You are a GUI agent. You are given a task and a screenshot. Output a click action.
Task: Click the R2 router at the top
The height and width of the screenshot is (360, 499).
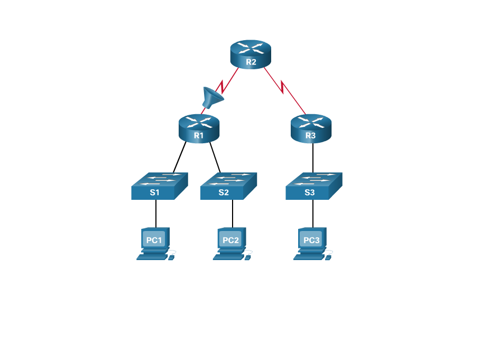(251, 53)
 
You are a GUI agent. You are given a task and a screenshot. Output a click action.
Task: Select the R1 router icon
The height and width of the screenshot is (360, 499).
(199, 128)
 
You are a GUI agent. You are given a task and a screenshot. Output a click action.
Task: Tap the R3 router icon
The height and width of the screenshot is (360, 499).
(311, 128)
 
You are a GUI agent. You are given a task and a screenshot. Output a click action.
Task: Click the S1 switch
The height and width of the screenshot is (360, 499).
(159, 186)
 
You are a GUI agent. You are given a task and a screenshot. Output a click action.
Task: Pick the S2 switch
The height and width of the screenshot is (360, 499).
(228, 186)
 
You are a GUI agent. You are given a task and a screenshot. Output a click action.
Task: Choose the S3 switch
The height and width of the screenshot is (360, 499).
(313, 186)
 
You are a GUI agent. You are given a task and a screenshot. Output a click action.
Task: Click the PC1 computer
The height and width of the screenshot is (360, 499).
(155, 243)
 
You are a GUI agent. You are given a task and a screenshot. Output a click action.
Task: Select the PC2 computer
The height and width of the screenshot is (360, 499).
(231, 243)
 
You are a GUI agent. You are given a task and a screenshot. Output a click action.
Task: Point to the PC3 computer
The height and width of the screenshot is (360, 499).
(312, 243)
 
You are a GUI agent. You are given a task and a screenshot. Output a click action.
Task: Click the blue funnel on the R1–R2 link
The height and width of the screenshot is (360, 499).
(212, 98)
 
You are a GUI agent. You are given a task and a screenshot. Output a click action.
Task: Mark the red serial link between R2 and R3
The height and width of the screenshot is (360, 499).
(285, 89)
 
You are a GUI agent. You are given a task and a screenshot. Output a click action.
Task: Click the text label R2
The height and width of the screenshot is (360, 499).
(251, 62)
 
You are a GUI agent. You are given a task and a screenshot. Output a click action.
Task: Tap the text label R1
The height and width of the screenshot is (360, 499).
(199, 136)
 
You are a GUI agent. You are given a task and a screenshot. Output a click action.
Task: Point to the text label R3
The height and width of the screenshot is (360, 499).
(311, 136)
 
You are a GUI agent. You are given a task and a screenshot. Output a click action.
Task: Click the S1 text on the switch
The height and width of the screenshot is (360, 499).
(154, 192)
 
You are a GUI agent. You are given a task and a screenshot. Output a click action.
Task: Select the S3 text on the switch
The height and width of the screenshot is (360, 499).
(310, 192)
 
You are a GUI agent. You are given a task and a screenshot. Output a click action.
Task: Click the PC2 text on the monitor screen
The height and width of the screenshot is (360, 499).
(230, 240)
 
